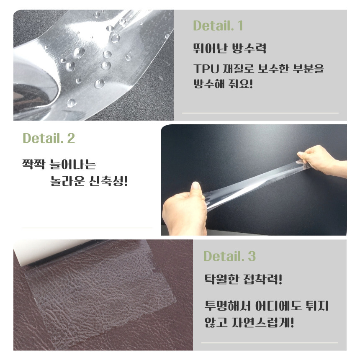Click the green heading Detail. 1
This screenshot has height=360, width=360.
tap(218, 26)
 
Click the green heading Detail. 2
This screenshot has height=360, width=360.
tap(49, 138)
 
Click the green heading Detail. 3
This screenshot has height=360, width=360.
tap(229, 256)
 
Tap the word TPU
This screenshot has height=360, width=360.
tap(206, 69)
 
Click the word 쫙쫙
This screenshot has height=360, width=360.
tap(33, 164)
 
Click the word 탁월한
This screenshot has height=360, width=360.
tap(221, 279)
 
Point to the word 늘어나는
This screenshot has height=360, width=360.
tap(73, 164)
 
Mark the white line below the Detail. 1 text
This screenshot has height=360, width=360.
tap(260, 113)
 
